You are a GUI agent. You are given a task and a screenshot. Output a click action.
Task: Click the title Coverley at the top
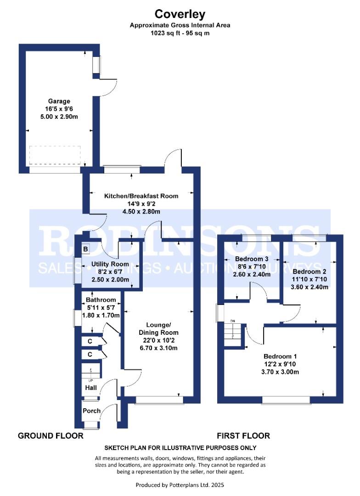pos(180,14)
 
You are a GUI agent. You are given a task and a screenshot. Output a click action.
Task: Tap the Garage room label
pos(59,101)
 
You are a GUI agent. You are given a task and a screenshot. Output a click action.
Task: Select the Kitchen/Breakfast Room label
pos(141,196)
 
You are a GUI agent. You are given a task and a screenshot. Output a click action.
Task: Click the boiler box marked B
pos(85,249)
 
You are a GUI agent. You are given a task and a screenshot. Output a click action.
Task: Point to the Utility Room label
pos(110,264)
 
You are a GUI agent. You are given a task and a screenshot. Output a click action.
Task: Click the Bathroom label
pos(101,299)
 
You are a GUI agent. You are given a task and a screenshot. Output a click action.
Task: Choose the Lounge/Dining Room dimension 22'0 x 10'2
pos(158,340)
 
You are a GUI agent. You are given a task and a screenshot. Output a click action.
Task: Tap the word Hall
pos(91,388)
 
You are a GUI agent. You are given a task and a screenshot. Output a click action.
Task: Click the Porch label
pos(91,411)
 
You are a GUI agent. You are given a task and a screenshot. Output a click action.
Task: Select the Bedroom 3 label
pos(252,259)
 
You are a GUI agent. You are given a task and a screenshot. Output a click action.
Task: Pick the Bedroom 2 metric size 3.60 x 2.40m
pos(309,287)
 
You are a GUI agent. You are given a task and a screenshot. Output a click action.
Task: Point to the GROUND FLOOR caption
pos(51,435)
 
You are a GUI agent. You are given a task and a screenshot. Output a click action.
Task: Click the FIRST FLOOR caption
pos(243,435)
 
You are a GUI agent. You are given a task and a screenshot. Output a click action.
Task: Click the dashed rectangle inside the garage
pos(56,155)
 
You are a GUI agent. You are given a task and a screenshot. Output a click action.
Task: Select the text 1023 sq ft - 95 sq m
pos(180,33)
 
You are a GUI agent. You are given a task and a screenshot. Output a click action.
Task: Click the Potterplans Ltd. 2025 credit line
pos(180,485)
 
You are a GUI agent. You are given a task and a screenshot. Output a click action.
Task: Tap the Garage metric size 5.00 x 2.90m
pos(59,116)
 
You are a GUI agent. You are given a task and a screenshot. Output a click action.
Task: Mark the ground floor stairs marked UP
pos(91,371)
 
